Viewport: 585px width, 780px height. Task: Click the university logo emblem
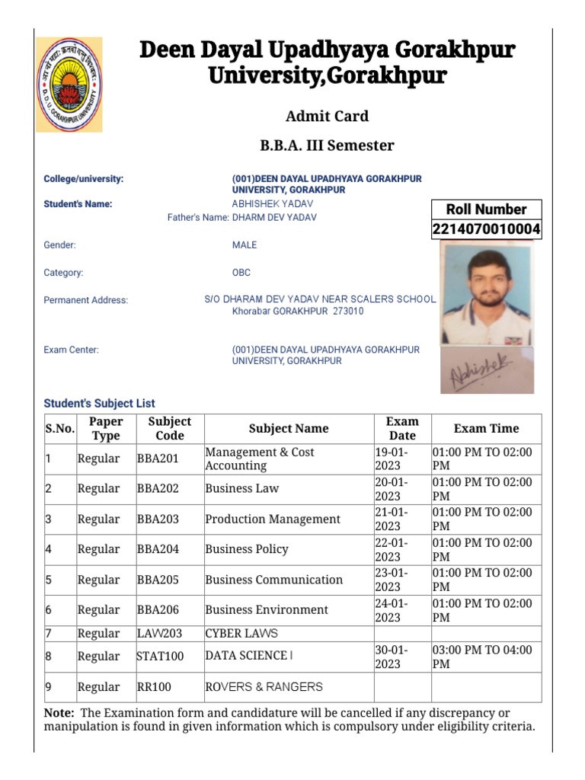click(x=69, y=85)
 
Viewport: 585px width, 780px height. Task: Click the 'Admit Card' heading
click(x=327, y=117)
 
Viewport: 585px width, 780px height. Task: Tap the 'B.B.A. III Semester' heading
click(x=327, y=145)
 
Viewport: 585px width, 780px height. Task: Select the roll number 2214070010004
click(x=486, y=229)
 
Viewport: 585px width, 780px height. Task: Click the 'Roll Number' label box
click(x=486, y=209)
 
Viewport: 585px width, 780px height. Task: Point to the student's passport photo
click(x=487, y=293)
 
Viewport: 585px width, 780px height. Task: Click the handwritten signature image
click(x=487, y=370)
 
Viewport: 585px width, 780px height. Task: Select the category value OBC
click(x=241, y=273)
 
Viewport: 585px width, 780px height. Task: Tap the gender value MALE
click(x=245, y=245)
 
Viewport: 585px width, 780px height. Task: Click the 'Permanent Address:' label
click(x=86, y=300)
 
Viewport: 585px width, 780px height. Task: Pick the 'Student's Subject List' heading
click(x=99, y=404)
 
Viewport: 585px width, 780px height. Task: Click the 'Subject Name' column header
click(x=289, y=429)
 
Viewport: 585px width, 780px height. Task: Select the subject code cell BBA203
click(x=158, y=519)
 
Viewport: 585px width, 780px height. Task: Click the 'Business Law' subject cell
click(x=242, y=489)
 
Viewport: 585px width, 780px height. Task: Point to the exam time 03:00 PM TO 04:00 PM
click(x=482, y=657)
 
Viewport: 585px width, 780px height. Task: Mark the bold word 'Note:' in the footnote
click(x=59, y=713)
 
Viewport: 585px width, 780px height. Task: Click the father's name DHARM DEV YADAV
click(x=274, y=218)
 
